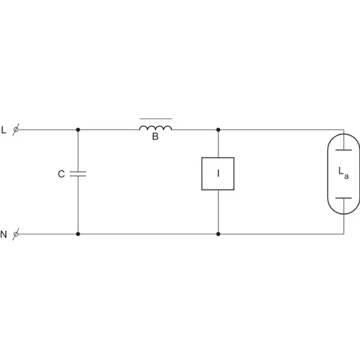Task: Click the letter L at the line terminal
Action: pyautogui.click(x=4, y=130)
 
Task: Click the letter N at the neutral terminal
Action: pyautogui.click(x=4, y=234)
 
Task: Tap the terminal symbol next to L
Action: pyautogui.click(x=16, y=130)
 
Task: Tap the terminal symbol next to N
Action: pyautogui.click(x=16, y=234)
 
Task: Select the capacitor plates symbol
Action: pyautogui.click(x=78, y=174)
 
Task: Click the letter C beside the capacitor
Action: pyautogui.click(x=62, y=174)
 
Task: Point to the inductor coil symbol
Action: pyautogui.click(x=156, y=128)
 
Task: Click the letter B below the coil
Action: pyautogui.click(x=155, y=136)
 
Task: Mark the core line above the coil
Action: pyautogui.click(x=156, y=118)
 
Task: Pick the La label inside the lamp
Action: pyautogui.click(x=343, y=173)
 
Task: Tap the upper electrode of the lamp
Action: pyautogui.click(x=343, y=150)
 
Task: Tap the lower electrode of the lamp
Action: pyautogui.click(x=343, y=198)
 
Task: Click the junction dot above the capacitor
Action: pyautogui.click(x=78, y=130)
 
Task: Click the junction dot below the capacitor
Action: pyautogui.click(x=78, y=234)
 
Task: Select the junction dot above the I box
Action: pyautogui.click(x=218, y=130)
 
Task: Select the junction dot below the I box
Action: pyautogui.click(x=218, y=234)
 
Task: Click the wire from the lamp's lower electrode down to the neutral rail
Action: pyautogui.click(x=344, y=216)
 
